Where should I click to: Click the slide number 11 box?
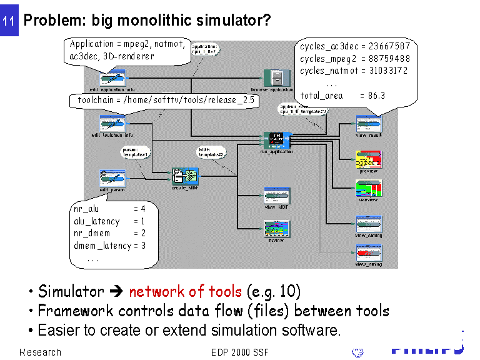click(9, 20)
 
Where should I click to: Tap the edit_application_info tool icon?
click(113, 78)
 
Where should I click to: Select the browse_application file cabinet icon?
click(276, 77)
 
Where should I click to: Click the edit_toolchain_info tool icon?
click(113, 122)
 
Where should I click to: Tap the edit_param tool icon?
click(113, 177)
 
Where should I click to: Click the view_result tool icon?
click(369, 123)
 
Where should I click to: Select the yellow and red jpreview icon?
click(369, 158)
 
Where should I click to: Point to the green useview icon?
click(369, 189)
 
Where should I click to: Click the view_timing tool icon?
click(369, 224)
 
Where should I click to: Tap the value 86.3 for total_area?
click(377, 96)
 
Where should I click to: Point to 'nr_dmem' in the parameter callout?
click(92, 233)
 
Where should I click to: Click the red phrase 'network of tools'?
click(185, 291)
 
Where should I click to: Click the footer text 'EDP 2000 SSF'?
click(240, 352)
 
